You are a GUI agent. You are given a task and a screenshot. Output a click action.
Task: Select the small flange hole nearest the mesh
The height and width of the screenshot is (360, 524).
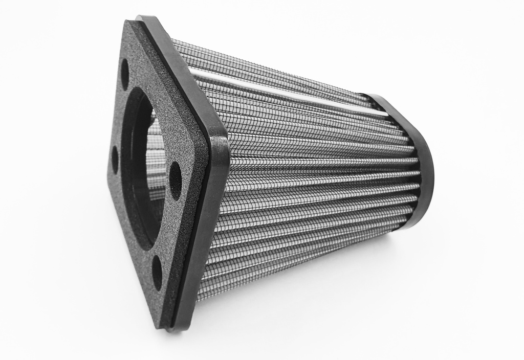[x=175, y=181]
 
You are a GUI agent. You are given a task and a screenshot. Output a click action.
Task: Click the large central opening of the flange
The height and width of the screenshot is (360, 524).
[x=141, y=169]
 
